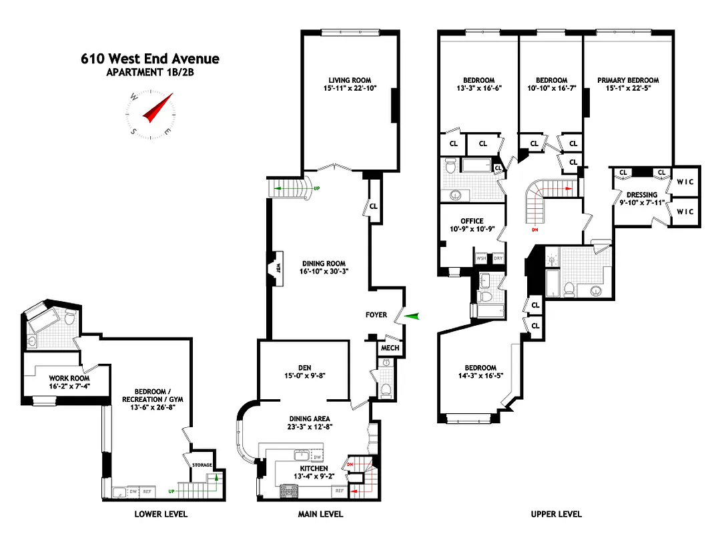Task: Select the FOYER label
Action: pos(376,314)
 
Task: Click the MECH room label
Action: pos(389,348)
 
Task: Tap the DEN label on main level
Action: pos(304,367)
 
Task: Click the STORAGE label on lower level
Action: pos(202,465)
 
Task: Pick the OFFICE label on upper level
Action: pos(472,221)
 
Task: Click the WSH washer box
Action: pos(481,258)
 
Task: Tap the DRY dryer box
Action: pos(497,258)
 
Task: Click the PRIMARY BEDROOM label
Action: pos(628,80)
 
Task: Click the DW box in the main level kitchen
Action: pos(317,457)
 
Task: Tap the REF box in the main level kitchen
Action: pos(339,491)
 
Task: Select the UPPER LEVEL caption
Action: pos(556,514)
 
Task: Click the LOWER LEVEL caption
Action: pos(161,514)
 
